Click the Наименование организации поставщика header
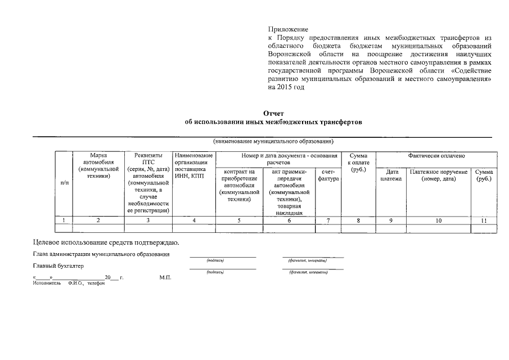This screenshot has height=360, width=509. [x=193, y=165]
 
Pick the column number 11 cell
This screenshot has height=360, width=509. [x=484, y=220]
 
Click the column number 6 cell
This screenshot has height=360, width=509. [x=289, y=220]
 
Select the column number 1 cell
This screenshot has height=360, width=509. [x=65, y=220]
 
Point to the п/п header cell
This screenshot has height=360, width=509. [x=65, y=183]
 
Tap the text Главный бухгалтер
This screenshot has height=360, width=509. [x=58, y=266]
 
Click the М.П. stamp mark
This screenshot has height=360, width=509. [x=165, y=278]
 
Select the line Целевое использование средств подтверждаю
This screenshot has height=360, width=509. [x=106, y=242]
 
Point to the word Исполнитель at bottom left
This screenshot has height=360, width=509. [x=47, y=283]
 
